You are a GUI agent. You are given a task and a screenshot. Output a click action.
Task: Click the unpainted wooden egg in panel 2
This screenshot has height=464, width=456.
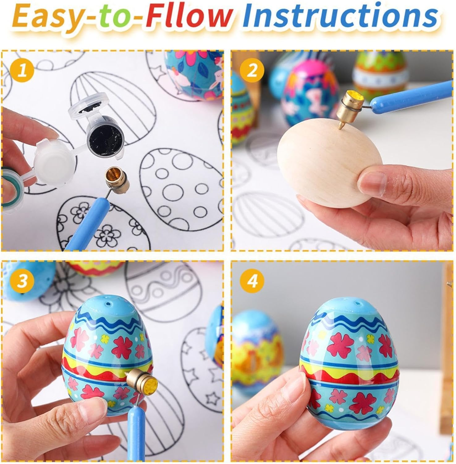point(327,158)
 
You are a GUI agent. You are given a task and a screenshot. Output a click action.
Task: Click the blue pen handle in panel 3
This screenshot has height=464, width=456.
point(135,433)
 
